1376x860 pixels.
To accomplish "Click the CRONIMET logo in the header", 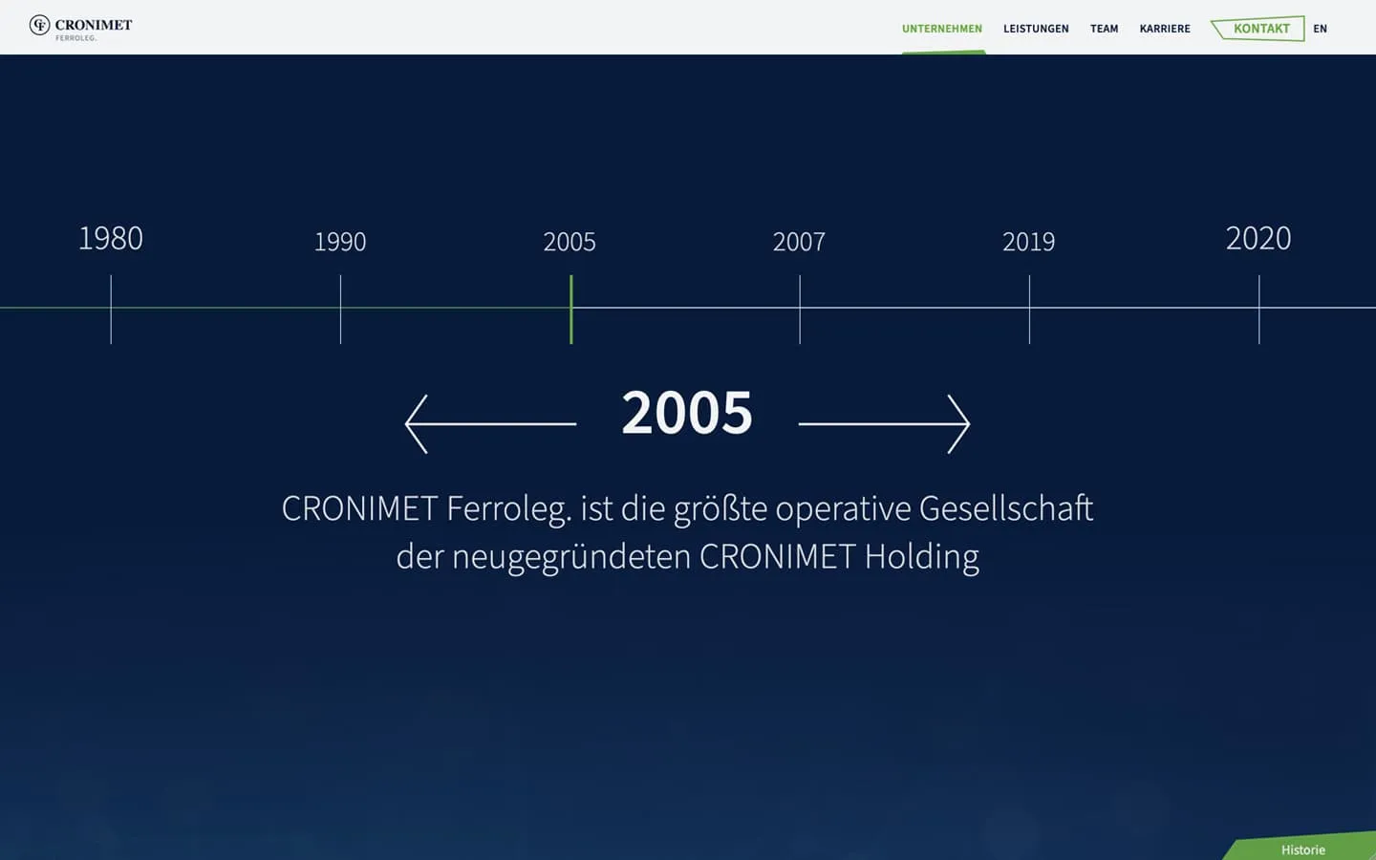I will (81, 27).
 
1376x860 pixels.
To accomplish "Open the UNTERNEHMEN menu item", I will (941, 29).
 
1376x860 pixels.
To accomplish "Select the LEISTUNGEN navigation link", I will (1036, 29).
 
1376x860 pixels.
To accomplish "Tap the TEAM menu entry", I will (1104, 29).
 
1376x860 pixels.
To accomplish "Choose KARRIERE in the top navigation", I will (1165, 29).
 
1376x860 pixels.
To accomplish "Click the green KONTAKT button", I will (1260, 29).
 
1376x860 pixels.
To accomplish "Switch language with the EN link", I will (1320, 29).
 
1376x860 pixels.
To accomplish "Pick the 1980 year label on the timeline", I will (111, 239).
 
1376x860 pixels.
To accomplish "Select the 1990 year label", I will (340, 242).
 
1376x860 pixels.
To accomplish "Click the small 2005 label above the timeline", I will (570, 242).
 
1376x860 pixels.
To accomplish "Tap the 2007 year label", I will (799, 242).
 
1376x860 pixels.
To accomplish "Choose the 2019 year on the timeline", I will (1028, 242).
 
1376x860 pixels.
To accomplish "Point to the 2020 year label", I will (1258, 239).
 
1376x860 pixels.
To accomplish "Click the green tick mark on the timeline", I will (571, 309).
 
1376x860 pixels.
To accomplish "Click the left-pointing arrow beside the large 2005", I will (490, 423).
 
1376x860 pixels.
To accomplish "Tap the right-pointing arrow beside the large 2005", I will (884, 423).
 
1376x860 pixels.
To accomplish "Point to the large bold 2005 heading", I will (687, 413).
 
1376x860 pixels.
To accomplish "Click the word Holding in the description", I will (921, 556).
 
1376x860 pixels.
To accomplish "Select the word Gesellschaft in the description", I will (1005, 508).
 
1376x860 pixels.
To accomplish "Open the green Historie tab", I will (1302, 849).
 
